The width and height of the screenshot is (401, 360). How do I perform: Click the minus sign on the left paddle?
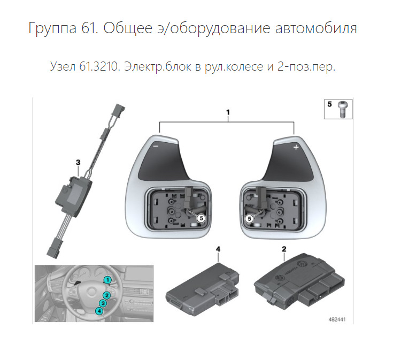(155, 145)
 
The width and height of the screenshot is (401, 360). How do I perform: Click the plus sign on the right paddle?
(295, 146)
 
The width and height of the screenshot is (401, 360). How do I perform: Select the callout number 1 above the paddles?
(228, 113)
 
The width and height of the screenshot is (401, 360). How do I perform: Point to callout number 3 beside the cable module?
(78, 161)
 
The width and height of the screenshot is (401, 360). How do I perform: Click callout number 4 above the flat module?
(218, 249)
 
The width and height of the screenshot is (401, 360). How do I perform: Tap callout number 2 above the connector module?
(284, 249)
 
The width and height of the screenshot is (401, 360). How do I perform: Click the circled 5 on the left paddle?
(200, 218)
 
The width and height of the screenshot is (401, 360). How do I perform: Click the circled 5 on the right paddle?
(249, 218)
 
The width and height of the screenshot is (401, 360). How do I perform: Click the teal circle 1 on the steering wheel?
(107, 279)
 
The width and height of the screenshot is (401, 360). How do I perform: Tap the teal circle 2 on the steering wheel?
(107, 295)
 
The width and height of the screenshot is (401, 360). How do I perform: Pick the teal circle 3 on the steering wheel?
(103, 303)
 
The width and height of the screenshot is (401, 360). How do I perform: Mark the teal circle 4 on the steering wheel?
(99, 311)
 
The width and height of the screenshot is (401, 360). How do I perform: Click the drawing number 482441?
(338, 319)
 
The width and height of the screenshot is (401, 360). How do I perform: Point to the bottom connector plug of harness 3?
(53, 249)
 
